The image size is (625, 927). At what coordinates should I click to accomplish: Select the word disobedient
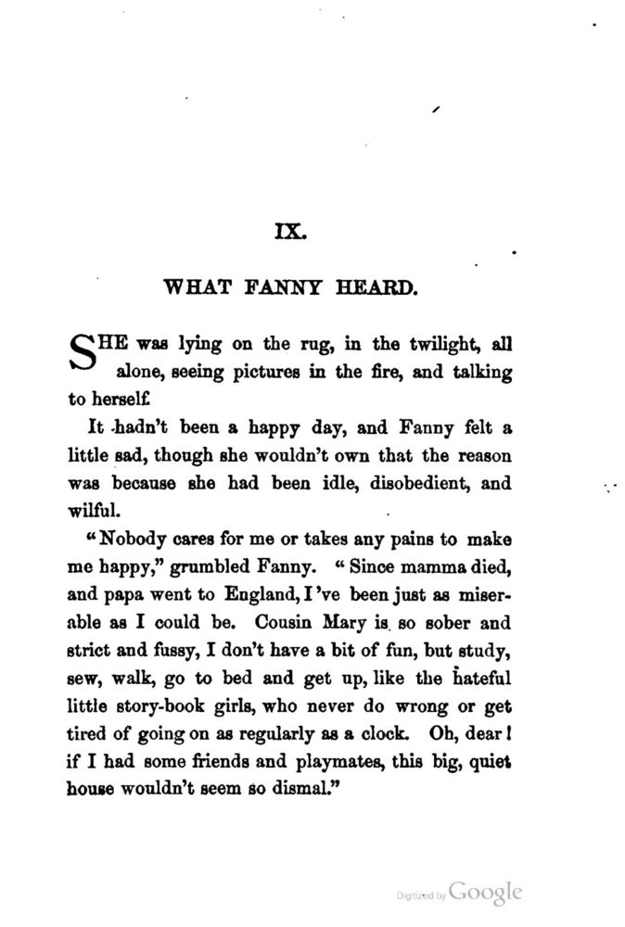384,483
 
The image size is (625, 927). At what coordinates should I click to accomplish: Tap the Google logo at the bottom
485,892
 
